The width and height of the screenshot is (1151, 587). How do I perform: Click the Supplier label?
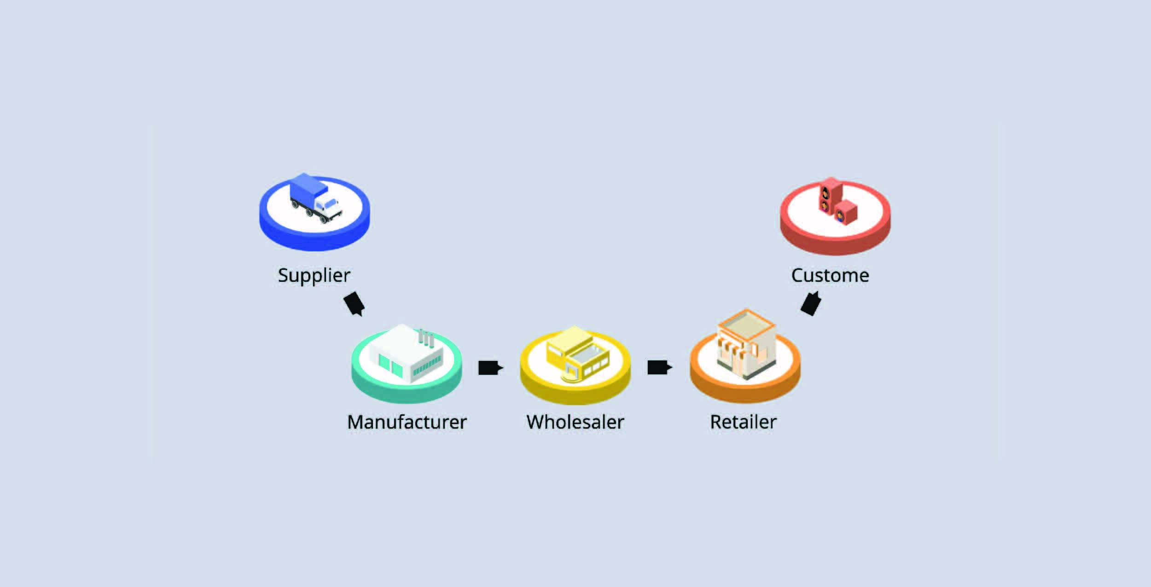[314, 275]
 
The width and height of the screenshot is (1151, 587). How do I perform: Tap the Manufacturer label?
[407, 422]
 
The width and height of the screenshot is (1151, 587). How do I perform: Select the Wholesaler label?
[575, 422]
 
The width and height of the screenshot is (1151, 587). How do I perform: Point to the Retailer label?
[743, 422]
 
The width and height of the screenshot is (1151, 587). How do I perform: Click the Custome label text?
[830, 275]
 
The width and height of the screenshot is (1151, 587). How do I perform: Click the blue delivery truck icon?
[316, 198]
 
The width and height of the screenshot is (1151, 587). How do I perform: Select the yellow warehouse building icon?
[577, 355]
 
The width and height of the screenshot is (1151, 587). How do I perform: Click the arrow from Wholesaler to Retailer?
[659, 367]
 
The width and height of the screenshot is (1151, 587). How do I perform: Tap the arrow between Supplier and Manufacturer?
[355, 304]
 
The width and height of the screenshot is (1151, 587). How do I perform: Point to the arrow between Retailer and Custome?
[811, 303]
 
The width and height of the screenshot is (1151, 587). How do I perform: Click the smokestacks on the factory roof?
[426, 338]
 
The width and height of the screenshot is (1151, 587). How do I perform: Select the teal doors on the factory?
[390, 364]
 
